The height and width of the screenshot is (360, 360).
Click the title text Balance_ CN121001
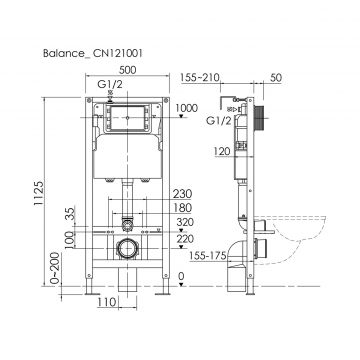tap(93, 53)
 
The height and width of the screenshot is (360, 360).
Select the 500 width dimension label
tap(127, 70)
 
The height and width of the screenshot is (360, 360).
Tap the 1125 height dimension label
tap(39, 193)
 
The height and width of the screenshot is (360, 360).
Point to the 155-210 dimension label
tap(200, 77)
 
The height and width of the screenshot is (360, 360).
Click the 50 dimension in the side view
tap(275, 77)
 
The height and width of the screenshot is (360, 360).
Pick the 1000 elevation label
tap(186, 108)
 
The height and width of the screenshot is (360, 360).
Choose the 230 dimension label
tap(182, 194)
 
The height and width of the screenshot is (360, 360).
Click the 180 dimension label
tap(182, 208)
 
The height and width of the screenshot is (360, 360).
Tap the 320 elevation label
tap(185, 222)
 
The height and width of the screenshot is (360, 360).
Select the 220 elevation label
tap(185, 239)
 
